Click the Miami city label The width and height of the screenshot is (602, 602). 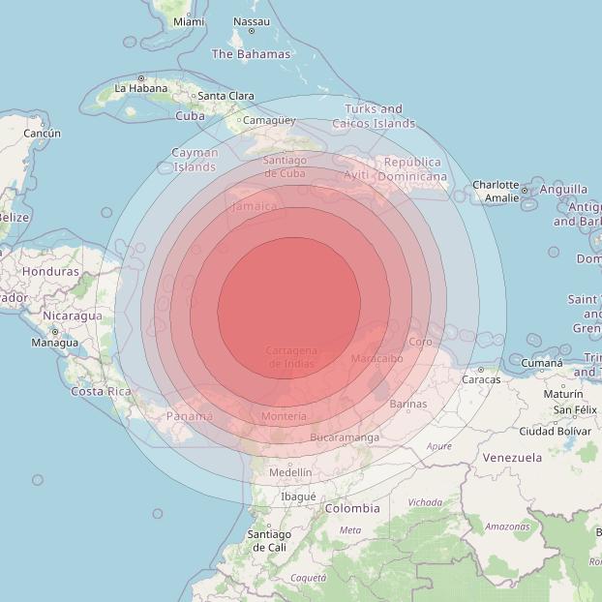(189, 21)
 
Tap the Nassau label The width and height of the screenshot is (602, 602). (252, 21)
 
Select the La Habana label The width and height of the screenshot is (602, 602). (141, 88)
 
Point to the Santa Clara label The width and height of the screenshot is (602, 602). (226, 96)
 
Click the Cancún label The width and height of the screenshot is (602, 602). (42, 133)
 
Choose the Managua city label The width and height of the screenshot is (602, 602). (54, 343)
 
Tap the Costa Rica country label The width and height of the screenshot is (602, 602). (101, 391)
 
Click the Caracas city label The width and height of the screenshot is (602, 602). (481, 379)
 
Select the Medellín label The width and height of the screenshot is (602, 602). (290, 472)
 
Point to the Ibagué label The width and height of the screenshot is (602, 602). (298, 497)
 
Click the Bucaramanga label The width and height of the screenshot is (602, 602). (346, 437)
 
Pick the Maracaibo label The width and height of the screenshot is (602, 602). (376, 358)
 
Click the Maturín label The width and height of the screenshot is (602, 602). (562, 394)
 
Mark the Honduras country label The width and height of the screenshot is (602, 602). (50, 272)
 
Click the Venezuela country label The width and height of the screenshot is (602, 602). (512, 457)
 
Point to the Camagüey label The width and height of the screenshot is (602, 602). (268, 121)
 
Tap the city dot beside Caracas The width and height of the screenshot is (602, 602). (481, 369)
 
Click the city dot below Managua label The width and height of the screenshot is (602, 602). (54, 332)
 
